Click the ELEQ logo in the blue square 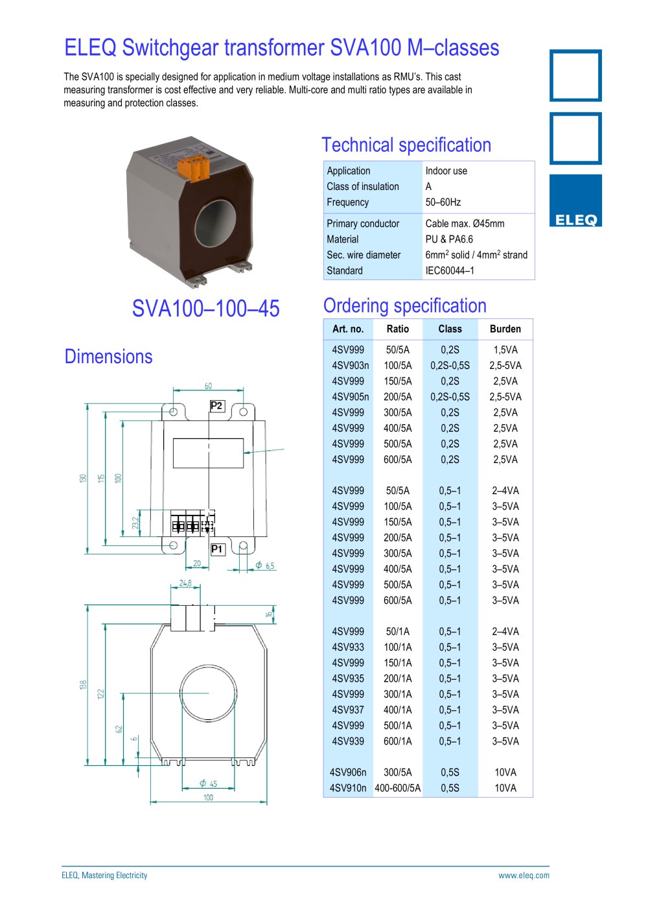tap(575, 219)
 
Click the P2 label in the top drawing tap(216, 406)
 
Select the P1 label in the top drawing tap(216, 549)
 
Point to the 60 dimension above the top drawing tap(208, 386)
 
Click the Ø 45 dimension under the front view tap(208, 783)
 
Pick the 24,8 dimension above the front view tap(185, 583)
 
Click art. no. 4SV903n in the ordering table tap(350, 366)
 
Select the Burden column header tap(505, 329)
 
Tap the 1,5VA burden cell tap(505, 350)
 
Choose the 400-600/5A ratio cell tap(397, 788)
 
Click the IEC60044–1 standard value tap(450, 270)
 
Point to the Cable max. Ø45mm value tap(465, 224)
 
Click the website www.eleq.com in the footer tap(524, 875)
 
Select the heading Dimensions tap(108, 357)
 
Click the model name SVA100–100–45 tap(205, 308)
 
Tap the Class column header tap(450, 329)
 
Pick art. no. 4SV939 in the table tap(348, 741)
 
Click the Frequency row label tap(348, 202)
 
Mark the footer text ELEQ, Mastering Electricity tap(104, 875)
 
